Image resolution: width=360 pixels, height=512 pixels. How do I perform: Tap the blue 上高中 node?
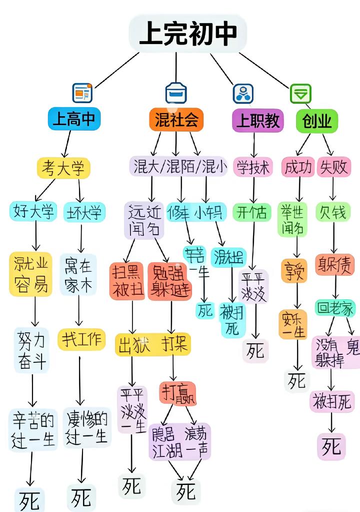74,120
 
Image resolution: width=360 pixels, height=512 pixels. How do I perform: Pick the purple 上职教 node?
257,121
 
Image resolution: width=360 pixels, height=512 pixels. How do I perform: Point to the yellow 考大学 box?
63,168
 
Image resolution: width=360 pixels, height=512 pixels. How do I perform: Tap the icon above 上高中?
82,93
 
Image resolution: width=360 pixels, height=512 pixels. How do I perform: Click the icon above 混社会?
176,93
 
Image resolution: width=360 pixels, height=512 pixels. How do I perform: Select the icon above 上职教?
243,93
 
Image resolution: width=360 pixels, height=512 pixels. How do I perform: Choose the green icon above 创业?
300,93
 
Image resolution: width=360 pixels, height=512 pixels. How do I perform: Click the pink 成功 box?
297,167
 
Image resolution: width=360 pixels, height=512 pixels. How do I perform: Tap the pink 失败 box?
333,167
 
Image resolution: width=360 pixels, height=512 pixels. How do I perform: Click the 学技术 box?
253,167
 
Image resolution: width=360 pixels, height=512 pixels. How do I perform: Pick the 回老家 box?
335,308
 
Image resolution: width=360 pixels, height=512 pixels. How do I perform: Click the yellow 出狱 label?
133,345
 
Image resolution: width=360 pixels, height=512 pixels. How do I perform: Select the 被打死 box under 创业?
332,401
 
